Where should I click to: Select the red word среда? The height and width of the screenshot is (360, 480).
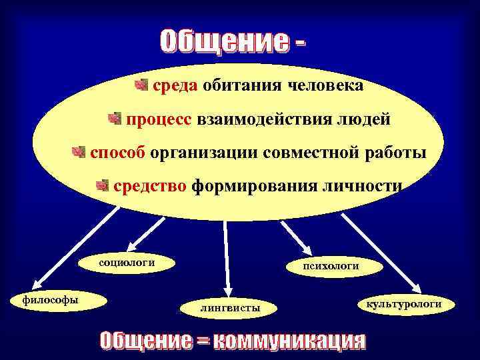click(175, 86)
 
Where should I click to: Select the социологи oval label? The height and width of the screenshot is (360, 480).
click(127, 263)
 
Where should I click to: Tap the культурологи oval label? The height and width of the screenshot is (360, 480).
click(404, 304)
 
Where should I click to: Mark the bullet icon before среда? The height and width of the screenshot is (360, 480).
click(140, 85)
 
